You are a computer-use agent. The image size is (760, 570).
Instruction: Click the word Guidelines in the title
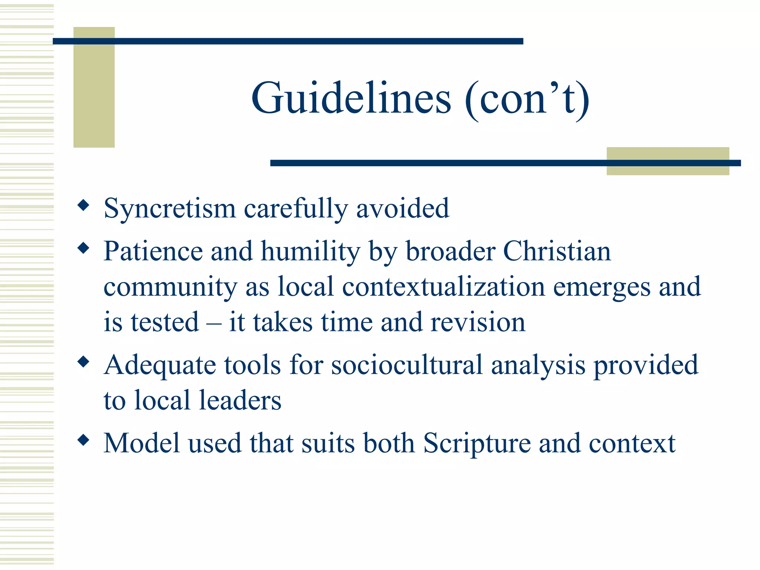point(351,99)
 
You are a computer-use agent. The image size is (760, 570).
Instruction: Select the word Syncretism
point(170,209)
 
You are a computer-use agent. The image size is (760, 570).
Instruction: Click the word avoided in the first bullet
point(403,208)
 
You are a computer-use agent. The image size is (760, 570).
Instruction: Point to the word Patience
point(153,251)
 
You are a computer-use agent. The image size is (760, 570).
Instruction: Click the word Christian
point(557,251)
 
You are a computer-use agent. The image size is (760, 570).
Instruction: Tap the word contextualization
point(443,287)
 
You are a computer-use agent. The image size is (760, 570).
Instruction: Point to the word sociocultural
point(407,365)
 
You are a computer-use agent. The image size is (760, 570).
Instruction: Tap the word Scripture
point(477,443)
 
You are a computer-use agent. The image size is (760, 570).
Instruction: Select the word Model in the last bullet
point(141,443)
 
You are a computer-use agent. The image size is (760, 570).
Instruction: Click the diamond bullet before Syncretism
point(83,205)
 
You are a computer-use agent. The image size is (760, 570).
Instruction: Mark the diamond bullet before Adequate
point(83,361)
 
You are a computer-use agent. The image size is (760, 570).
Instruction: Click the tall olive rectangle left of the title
point(94,87)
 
